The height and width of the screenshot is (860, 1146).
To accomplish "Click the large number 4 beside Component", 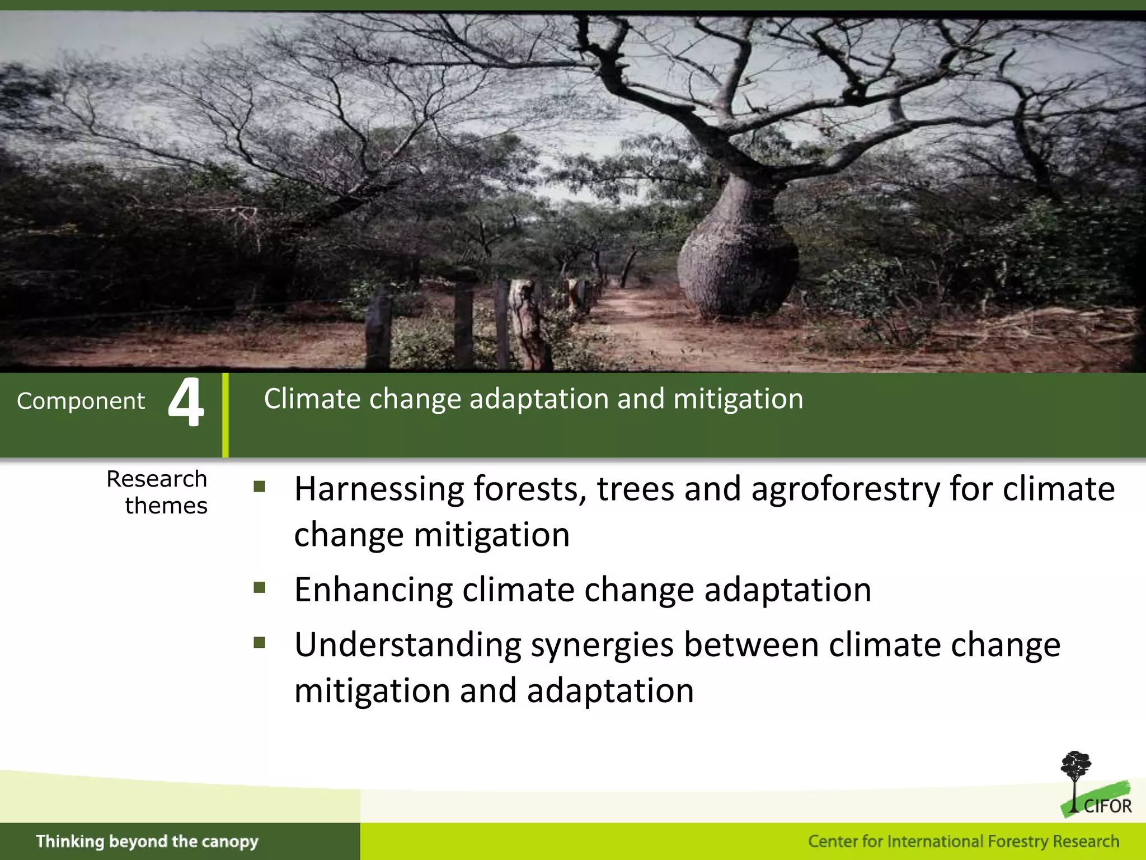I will tap(186, 401).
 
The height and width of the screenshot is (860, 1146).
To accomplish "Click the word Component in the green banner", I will tap(81, 401).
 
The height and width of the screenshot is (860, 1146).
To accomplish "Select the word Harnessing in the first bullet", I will tap(379, 489).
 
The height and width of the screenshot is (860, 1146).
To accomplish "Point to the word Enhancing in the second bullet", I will tap(373, 590).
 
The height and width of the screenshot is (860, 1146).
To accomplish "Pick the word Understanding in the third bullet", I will tap(408, 645).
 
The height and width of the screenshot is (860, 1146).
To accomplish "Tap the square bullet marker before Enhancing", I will tap(259, 587).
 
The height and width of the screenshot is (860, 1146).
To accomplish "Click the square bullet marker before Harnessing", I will tap(259, 486).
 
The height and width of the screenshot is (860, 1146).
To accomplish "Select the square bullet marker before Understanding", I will tap(259, 642).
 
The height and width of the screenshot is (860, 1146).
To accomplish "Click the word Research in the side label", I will tap(157, 479).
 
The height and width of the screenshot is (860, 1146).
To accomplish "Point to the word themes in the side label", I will tap(166, 506).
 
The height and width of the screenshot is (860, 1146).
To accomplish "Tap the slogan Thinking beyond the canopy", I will tap(147, 842).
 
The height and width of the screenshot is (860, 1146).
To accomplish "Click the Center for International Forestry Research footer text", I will tap(963, 842).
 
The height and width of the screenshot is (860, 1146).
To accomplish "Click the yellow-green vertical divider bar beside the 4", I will tap(226, 415).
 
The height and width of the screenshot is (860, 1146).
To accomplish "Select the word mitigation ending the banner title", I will tap(738, 399).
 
